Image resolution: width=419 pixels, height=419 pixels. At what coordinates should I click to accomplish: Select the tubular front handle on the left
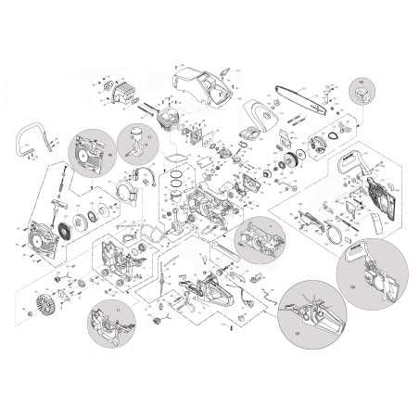pyautogui.click(x=32, y=140)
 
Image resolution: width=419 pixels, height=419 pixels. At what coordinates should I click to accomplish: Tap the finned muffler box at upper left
pyautogui.click(x=121, y=91)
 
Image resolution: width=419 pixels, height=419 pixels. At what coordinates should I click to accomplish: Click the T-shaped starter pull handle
pyautogui.click(x=56, y=185)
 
